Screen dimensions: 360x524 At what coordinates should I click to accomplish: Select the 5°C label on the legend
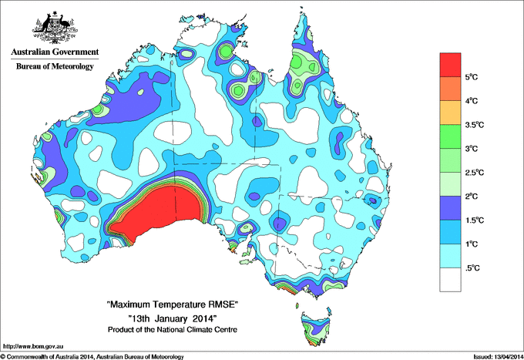tap(474, 77)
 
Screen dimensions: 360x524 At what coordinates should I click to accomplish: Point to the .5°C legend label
tap(474, 267)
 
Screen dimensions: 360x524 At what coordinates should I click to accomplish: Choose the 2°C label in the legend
tap(474, 196)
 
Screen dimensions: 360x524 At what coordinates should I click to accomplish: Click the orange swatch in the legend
tap(451, 89)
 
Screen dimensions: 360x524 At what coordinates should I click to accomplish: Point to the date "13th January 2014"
tap(172, 318)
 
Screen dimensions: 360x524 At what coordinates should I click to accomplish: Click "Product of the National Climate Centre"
tap(172, 329)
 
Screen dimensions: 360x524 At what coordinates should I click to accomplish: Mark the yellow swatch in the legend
tap(451, 113)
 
